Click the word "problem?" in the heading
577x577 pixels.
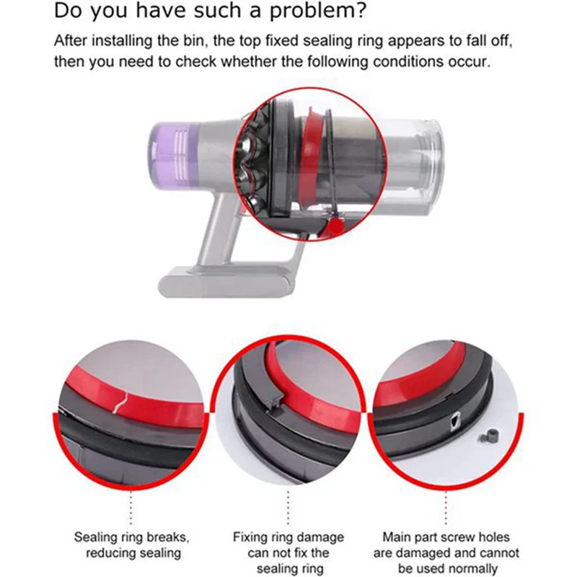[318, 12]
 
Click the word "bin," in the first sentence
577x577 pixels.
[190, 41]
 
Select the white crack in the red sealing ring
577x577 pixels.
[120, 403]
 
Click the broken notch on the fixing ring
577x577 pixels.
[273, 404]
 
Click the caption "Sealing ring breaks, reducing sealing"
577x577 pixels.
[132, 545]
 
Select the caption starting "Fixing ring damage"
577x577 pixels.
[288, 552]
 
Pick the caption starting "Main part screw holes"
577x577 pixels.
[446, 552]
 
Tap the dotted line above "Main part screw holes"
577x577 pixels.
[446, 508]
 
